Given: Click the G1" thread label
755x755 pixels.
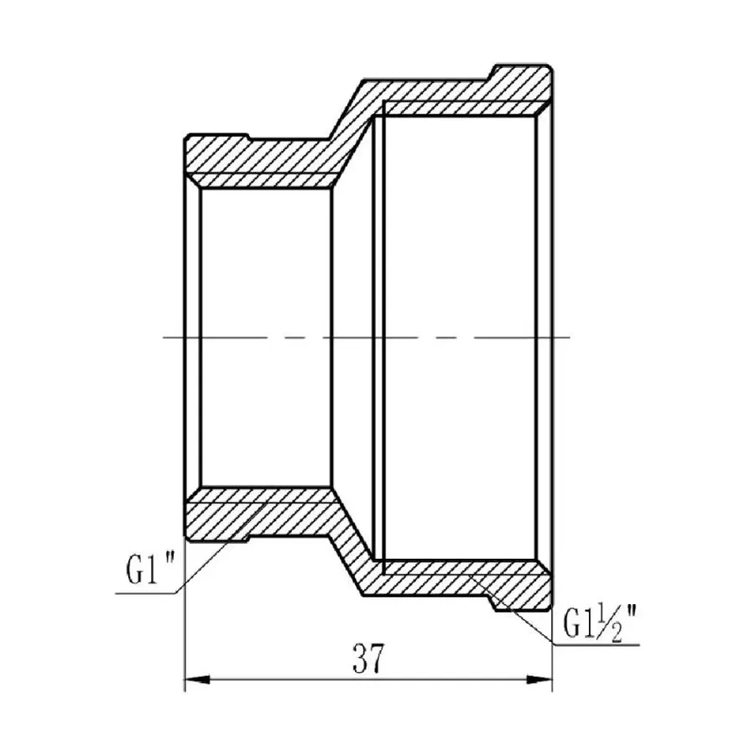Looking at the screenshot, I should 149,572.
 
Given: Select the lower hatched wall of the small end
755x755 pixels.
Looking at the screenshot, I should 260,513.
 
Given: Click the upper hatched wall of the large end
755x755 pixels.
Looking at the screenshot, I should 453,92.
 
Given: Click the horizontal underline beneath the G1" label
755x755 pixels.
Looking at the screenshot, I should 147,593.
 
